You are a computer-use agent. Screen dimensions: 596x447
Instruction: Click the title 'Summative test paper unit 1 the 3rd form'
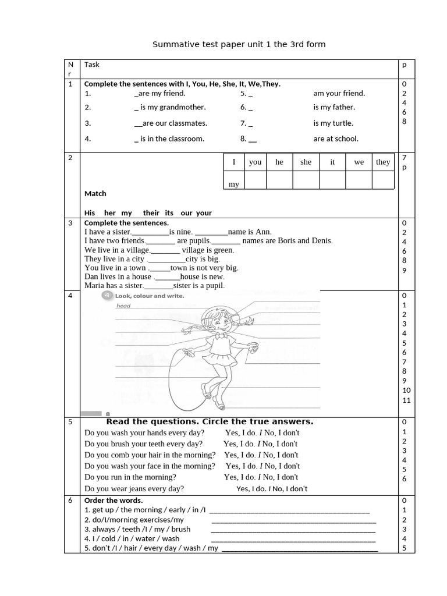pyautogui.click(x=239, y=44)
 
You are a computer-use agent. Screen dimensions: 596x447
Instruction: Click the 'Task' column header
pyautogui.click(x=92, y=65)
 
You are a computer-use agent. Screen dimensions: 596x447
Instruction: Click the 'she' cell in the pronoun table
pyautogui.click(x=306, y=162)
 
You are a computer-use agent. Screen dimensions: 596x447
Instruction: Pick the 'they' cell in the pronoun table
pyautogui.click(x=382, y=162)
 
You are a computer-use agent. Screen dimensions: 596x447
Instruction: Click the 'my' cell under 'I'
pyautogui.click(x=234, y=183)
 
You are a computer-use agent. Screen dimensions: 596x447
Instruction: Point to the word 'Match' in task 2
pyautogui.click(x=95, y=193)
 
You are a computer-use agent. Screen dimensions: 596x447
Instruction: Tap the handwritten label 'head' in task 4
pyautogui.click(x=123, y=306)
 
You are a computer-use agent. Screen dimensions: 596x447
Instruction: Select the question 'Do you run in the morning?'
pyautogui.click(x=130, y=477)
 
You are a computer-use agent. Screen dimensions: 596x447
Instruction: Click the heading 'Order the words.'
pyautogui.click(x=113, y=501)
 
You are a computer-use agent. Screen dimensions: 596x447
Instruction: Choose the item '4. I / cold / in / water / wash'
pyautogui.click(x=132, y=538)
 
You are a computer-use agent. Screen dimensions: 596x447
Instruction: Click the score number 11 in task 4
pyautogui.click(x=406, y=400)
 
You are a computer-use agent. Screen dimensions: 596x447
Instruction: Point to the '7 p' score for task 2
pyautogui.click(x=405, y=162)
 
